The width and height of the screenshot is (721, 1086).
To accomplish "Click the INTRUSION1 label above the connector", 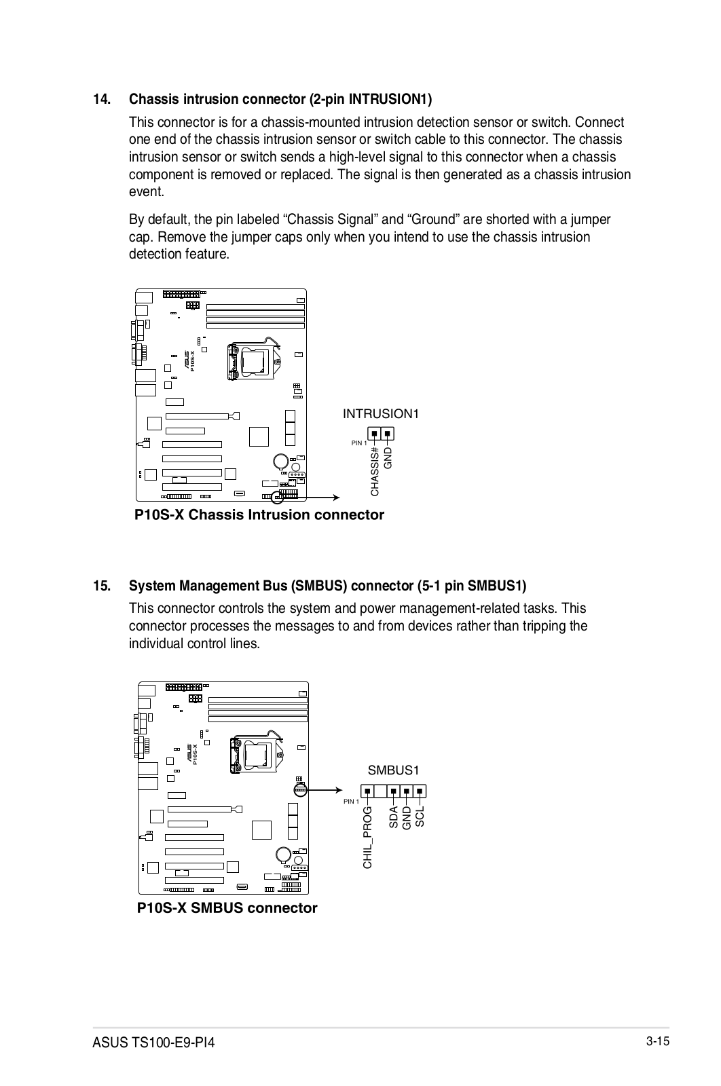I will pos(380,413).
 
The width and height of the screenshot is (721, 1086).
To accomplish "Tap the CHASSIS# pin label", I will pos(375,472).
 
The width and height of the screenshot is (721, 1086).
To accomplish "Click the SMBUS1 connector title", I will pos(393,770).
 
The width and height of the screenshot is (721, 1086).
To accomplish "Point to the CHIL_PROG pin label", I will pos(368,837).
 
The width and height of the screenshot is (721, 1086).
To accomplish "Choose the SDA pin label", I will pos(393,817).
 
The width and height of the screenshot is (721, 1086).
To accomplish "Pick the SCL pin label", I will pos(420,817).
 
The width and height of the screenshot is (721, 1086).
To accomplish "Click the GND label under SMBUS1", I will pos(407,818).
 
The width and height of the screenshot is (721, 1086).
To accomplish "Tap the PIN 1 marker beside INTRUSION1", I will pos(358,443).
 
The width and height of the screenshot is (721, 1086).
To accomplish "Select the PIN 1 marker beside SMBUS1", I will pos(351,802).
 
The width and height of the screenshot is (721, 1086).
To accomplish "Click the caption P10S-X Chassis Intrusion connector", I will pos(259,515).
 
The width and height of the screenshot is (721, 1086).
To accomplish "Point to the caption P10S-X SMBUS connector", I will pos(227,908).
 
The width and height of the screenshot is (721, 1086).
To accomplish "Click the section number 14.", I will pos(102,100).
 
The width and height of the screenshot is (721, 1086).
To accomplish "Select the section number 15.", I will pos(102,586).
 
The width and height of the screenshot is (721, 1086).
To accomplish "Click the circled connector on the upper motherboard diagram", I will pos(278,498).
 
